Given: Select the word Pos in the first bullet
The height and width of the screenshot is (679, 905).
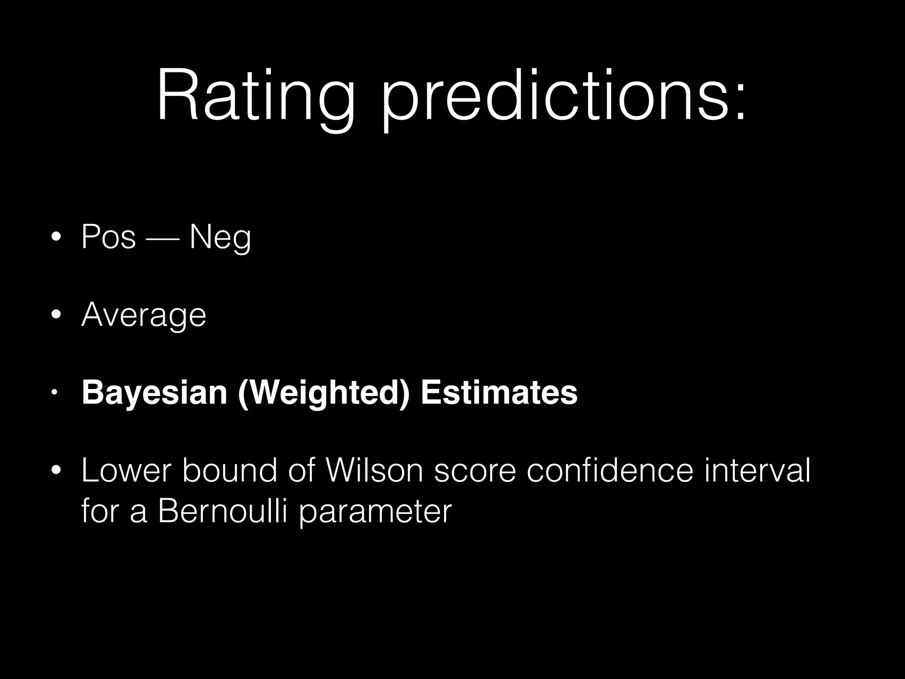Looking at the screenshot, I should (x=109, y=237).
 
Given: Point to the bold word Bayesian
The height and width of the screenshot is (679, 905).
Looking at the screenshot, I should (x=154, y=393).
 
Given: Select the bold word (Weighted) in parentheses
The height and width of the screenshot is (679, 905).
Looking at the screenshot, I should (x=323, y=393).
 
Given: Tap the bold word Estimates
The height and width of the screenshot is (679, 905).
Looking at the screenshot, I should (x=499, y=392).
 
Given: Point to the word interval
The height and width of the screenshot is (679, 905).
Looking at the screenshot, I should (x=757, y=470).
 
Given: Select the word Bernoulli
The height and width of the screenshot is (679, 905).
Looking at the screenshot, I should (x=224, y=511).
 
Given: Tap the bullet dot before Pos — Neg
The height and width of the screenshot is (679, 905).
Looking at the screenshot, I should (x=56, y=237).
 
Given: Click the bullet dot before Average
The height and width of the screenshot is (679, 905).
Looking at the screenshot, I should (x=56, y=315).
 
